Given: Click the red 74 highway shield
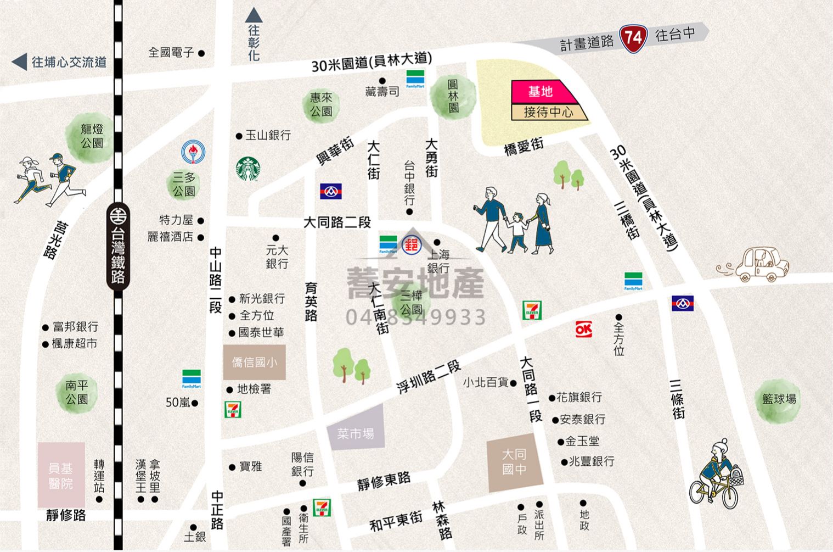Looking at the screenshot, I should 633,38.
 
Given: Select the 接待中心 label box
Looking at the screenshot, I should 548,112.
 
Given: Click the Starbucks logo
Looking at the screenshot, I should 247,169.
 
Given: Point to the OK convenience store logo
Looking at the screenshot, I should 583,329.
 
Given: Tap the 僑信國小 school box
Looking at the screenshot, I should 254,363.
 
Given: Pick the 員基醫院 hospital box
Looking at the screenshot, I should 61,476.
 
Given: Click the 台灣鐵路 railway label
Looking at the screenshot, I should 118,247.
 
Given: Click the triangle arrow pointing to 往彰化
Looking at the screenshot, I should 254,15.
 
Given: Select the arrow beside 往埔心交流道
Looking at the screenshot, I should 20,62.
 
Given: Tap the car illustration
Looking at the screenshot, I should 760,265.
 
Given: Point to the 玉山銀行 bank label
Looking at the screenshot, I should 268,135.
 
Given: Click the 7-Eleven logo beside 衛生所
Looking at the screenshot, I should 322,508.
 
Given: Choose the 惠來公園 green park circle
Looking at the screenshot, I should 321,104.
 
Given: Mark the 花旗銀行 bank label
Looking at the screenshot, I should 579,397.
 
